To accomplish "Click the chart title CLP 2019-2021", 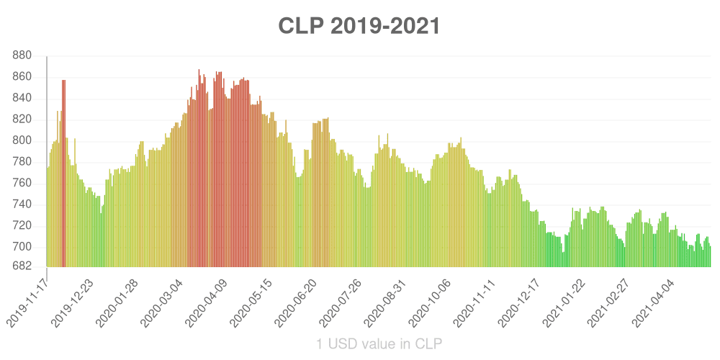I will pyautogui.click(x=359, y=26).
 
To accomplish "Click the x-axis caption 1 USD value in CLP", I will pyautogui.click(x=379, y=343).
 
